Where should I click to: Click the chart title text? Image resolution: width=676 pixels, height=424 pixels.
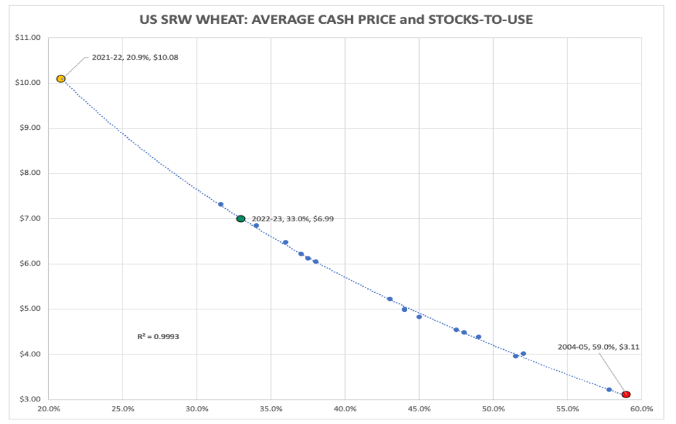(x=336, y=20)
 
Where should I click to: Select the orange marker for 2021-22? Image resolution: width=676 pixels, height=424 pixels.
(x=61, y=79)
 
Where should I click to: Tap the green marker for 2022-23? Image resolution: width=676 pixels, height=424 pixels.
(x=241, y=219)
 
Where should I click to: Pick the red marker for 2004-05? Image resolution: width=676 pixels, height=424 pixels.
(x=626, y=394)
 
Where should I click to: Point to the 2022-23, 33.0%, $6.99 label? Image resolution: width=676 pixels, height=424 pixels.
(x=293, y=219)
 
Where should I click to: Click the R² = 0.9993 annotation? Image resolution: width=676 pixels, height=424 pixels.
(x=158, y=337)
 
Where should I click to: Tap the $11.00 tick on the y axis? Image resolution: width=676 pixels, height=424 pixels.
(x=27, y=38)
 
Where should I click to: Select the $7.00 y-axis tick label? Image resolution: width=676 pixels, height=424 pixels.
(x=27, y=219)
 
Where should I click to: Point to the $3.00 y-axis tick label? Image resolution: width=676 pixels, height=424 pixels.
(x=27, y=399)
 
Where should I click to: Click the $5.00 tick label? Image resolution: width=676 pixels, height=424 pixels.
(x=27, y=309)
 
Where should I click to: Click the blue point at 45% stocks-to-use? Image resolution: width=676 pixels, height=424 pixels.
(x=419, y=317)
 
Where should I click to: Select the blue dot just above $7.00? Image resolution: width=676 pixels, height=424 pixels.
(x=220, y=205)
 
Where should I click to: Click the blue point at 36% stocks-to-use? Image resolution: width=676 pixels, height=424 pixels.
(x=285, y=242)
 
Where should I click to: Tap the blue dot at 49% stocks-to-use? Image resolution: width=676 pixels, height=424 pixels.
(x=478, y=337)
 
